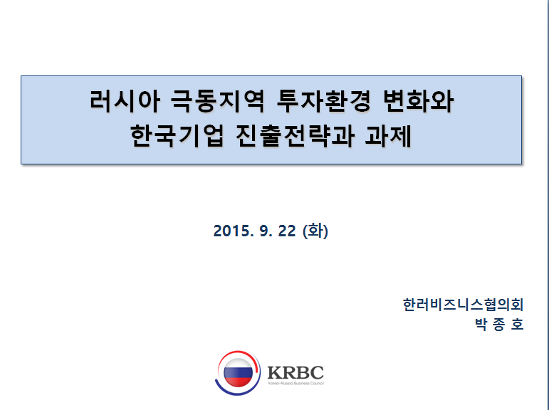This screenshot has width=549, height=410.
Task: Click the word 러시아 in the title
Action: pos(125,101)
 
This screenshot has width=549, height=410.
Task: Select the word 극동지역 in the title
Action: pos(217,101)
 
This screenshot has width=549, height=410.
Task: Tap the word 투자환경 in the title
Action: pos(323,101)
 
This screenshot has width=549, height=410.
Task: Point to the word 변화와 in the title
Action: pos(419,101)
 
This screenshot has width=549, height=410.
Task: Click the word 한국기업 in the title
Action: pos(177,135)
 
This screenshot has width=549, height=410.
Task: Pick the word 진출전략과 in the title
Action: pos(295,135)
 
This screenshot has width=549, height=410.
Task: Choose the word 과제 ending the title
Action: pos(388,135)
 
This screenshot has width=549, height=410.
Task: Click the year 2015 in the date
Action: pos(231,231)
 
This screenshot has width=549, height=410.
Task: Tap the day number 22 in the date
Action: pos(287,231)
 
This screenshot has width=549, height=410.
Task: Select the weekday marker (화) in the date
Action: pos(315,231)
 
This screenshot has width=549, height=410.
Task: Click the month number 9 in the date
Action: pos(264,231)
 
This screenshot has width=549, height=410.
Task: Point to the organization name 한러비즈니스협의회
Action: pos(464,305)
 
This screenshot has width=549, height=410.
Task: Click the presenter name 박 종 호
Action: pos(499,324)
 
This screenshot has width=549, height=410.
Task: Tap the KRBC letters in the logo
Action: pos(296,372)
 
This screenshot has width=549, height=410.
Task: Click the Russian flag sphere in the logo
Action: pos(238,373)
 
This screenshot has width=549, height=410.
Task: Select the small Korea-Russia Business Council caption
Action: pos(296,384)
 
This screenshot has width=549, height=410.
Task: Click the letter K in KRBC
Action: pos(275,372)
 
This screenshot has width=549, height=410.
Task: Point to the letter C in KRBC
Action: pos(317,372)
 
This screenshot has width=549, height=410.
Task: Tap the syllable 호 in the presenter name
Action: pos(517,324)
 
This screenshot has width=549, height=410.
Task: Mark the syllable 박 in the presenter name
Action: pos(481,324)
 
